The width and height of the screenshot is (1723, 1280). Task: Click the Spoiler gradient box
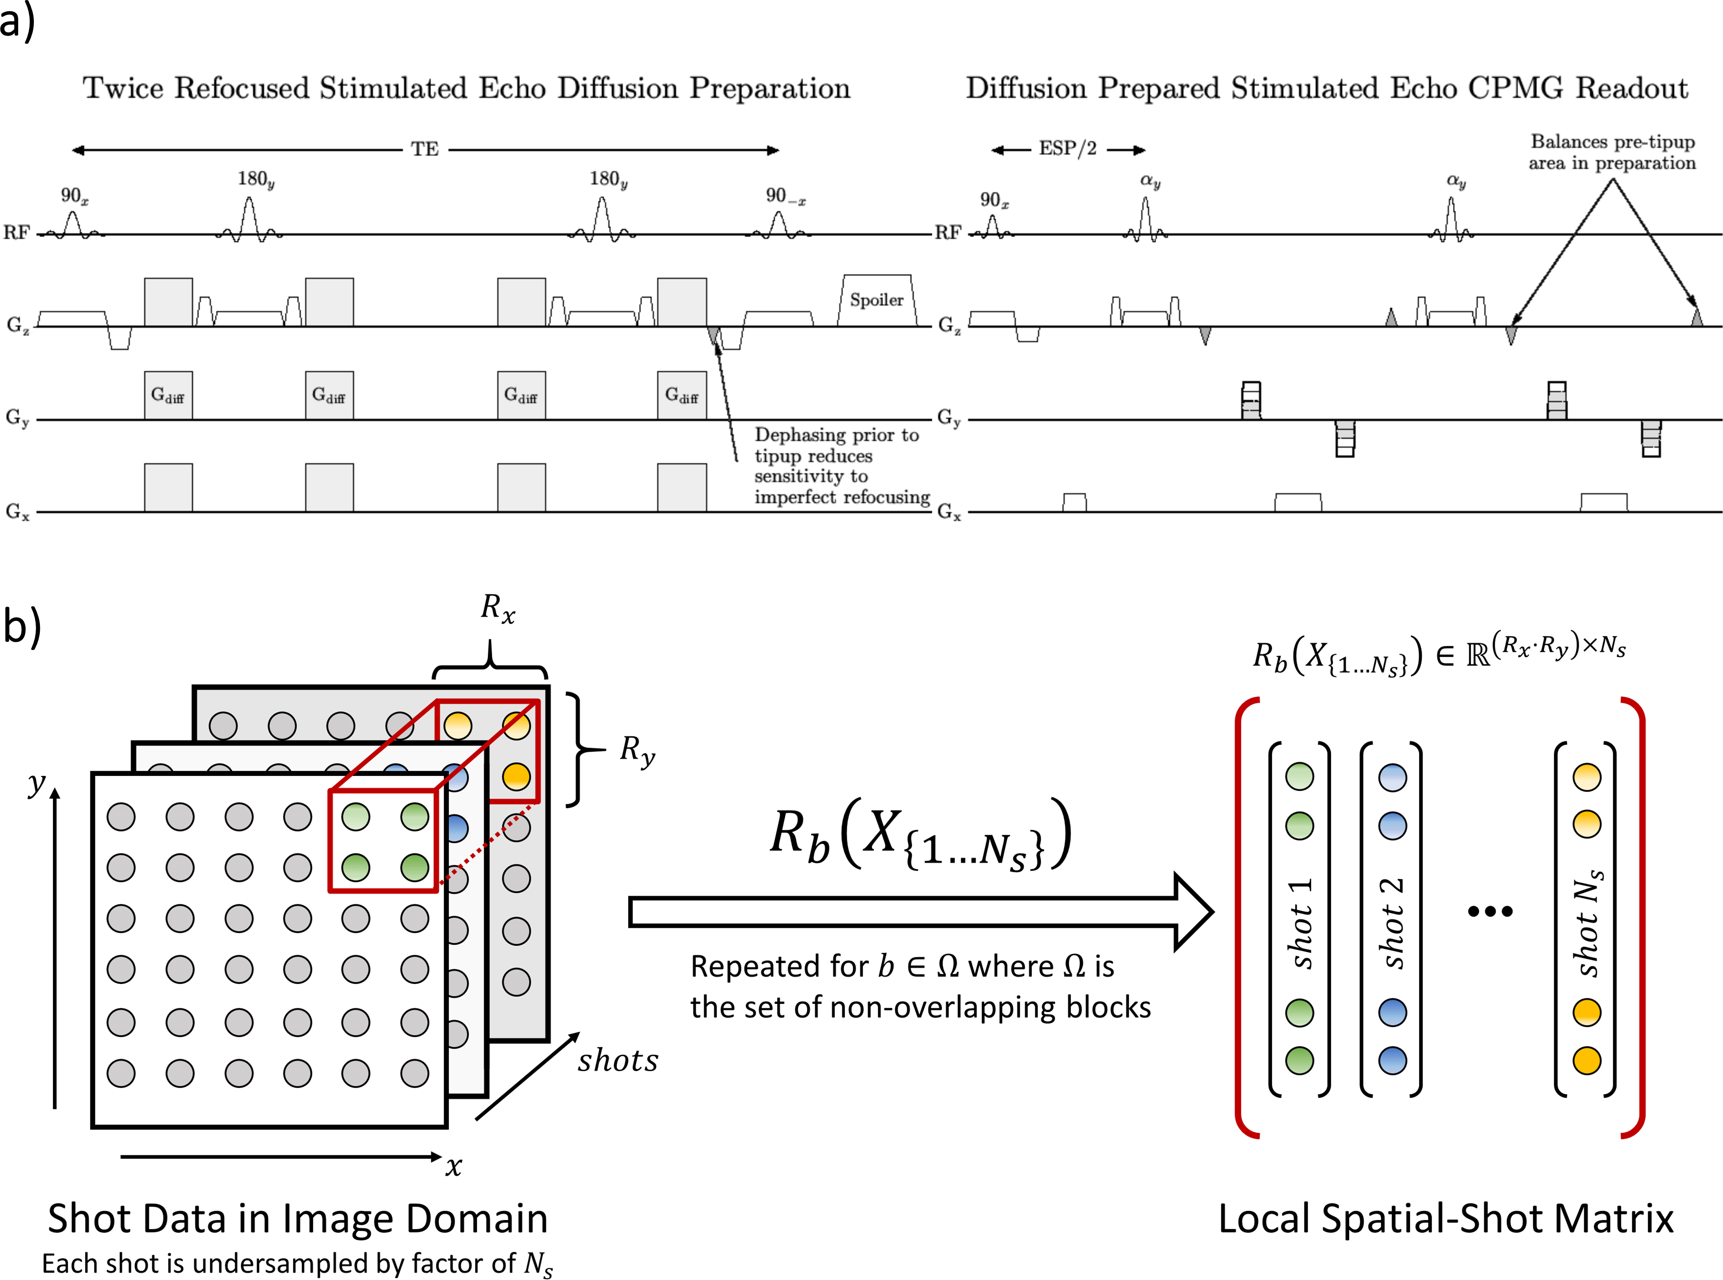pyautogui.click(x=877, y=300)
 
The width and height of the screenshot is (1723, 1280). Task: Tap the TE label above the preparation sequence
pyautogui.click(x=425, y=149)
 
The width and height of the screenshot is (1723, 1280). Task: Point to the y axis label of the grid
pyautogui.click(x=36, y=784)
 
